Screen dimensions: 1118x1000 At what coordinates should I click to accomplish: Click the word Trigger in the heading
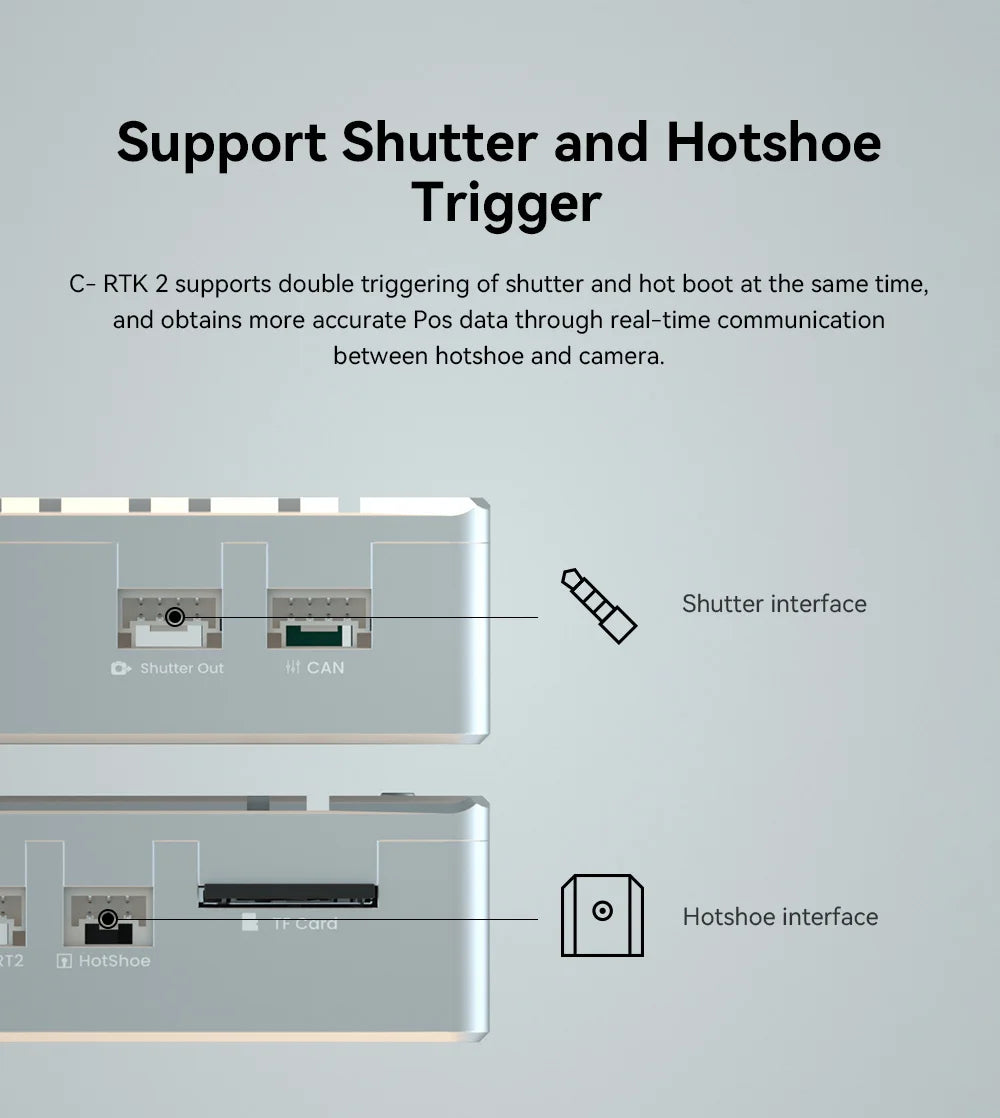tap(506, 203)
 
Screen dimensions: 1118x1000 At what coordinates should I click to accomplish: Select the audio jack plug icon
tap(598, 605)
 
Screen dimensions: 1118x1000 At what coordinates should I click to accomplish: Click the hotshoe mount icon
tap(602, 915)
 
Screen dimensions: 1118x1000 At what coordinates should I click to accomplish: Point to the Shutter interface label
tap(774, 604)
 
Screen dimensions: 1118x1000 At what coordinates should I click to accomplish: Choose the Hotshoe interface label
tap(780, 917)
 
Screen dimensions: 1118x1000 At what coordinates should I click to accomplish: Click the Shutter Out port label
tap(181, 668)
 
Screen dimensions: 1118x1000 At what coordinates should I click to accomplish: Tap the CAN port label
tap(325, 667)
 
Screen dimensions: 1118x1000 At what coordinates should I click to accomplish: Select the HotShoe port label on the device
tap(114, 961)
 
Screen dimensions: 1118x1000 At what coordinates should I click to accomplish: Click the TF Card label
tap(304, 924)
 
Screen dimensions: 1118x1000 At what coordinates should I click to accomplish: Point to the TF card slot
tap(288, 893)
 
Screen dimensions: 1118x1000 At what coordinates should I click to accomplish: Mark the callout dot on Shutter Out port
tap(175, 617)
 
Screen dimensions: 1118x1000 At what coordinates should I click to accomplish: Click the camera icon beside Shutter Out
tap(121, 668)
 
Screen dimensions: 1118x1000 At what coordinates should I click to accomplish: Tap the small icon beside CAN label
tap(292, 667)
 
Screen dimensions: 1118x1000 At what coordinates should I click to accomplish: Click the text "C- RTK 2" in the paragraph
tap(119, 284)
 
